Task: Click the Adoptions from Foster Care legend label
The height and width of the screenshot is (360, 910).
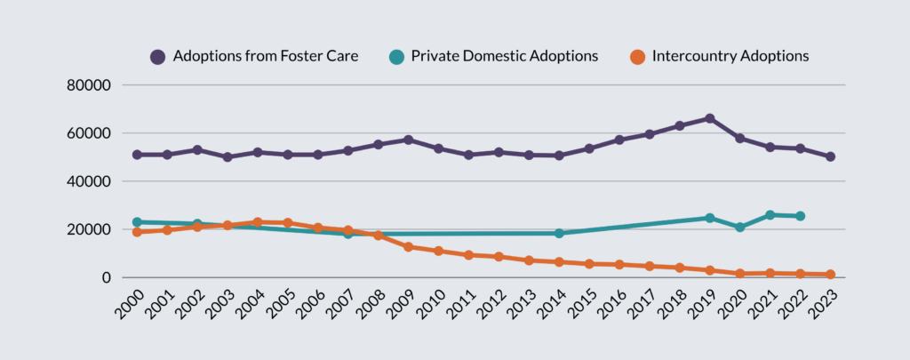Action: (x=266, y=56)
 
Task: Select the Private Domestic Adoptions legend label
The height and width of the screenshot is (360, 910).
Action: (x=505, y=56)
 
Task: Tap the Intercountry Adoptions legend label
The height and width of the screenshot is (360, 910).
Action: (x=730, y=56)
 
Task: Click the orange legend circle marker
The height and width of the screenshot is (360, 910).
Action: (x=637, y=57)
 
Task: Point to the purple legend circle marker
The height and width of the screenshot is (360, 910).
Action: (x=158, y=57)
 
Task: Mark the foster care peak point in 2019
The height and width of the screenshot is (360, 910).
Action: (x=709, y=118)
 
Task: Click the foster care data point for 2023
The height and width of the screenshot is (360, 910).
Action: (x=830, y=156)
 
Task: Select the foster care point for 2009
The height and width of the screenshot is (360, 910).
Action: (x=408, y=140)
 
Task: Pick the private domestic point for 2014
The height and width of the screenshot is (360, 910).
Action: (x=559, y=233)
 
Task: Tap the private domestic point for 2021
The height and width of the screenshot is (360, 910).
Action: (x=770, y=215)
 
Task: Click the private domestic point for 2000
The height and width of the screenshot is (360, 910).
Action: (x=137, y=222)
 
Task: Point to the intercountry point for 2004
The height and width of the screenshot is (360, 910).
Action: (x=257, y=222)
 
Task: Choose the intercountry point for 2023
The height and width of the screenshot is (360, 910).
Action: (x=830, y=275)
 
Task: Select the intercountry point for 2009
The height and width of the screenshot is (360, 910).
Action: (x=408, y=246)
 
